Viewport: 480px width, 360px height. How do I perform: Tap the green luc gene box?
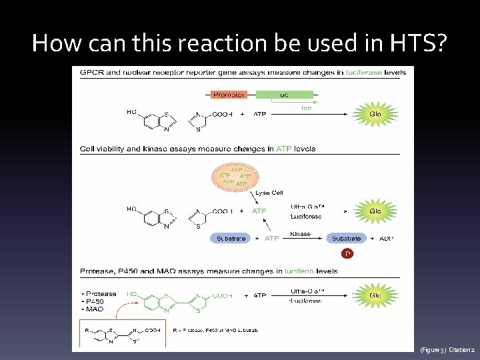[x=284, y=95]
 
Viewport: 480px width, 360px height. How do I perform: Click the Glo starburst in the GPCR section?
[x=376, y=114]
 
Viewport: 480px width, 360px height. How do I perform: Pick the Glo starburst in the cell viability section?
[x=376, y=211]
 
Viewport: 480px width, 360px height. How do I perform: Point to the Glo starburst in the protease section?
[x=376, y=294]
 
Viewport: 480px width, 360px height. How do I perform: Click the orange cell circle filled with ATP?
[x=234, y=177]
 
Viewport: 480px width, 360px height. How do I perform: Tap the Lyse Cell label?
[x=269, y=193]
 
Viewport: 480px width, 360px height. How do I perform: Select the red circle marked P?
[x=346, y=254]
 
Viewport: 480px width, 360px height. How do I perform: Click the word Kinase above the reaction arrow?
[x=301, y=234]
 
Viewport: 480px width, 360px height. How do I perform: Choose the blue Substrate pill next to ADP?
[x=346, y=238]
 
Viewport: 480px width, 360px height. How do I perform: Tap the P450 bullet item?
[x=95, y=301]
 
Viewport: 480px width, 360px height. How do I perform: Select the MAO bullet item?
[x=93, y=308]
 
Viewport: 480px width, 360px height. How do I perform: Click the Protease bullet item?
[x=99, y=293]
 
